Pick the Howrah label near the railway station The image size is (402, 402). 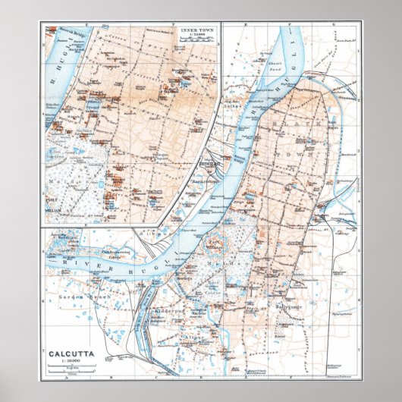point(207,163)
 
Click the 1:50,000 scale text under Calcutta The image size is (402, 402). point(70,362)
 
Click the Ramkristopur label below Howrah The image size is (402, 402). point(206,181)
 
